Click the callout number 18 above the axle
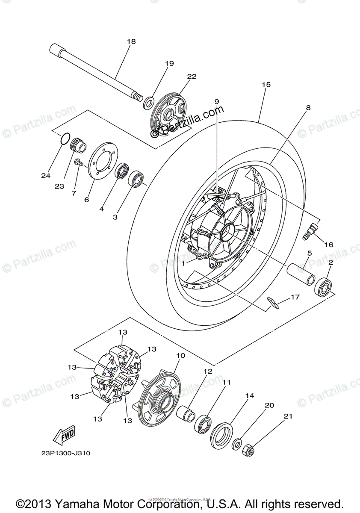click(x=131, y=41)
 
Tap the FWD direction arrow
click(x=63, y=435)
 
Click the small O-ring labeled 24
click(x=64, y=139)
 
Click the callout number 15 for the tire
click(x=266, y=85)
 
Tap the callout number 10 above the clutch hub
click(x=180, y=355)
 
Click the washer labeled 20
click(x=236, y=444)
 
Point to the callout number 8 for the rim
click(x=308, y=108)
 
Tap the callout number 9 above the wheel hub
click(x=216, y=101)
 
